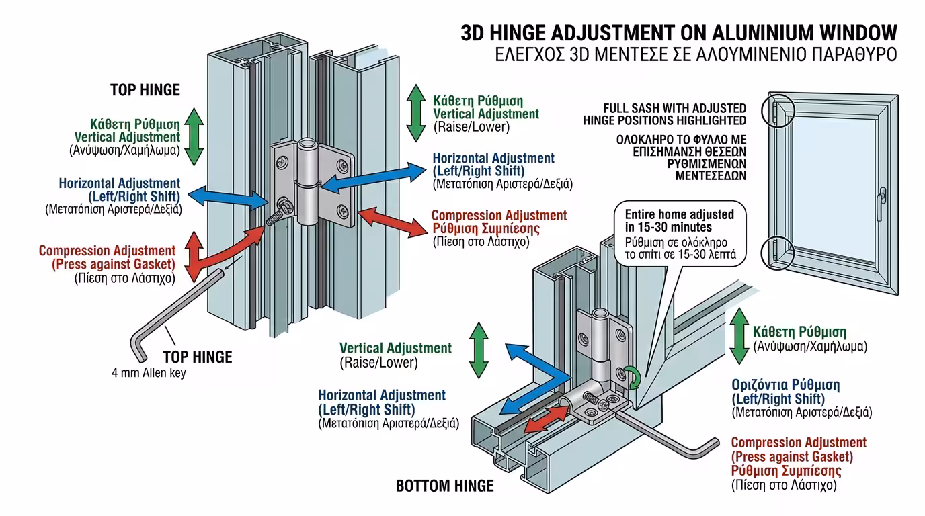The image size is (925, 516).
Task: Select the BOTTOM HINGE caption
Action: (444, 486)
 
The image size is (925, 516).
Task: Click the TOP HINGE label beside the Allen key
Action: (198, 356)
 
